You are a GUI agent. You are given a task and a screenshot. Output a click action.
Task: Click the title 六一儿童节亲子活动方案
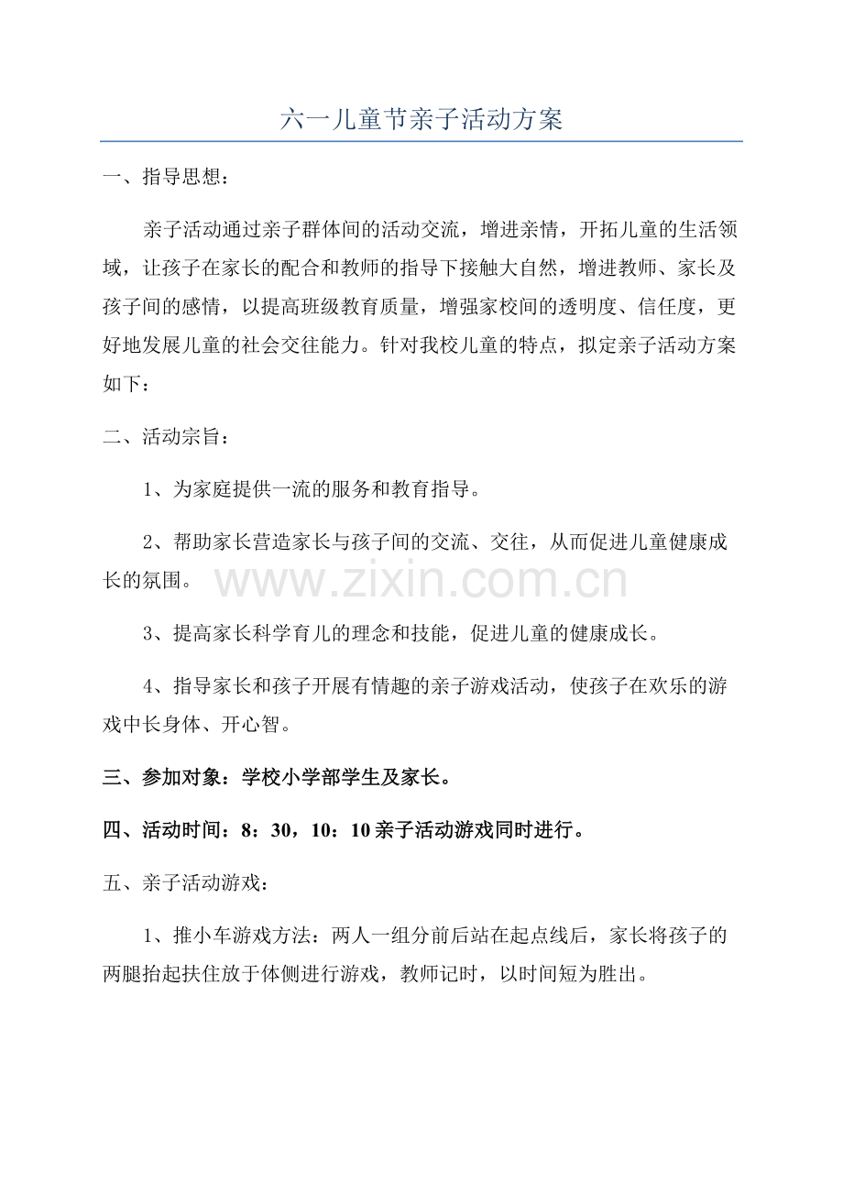[x=421, y=119]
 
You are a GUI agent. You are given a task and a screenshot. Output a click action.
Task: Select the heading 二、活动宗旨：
[x=163, y=437]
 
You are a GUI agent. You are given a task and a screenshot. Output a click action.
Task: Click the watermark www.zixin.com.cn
[x=421, y=582]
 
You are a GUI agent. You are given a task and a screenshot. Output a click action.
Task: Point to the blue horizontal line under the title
[x=421, y=142]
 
